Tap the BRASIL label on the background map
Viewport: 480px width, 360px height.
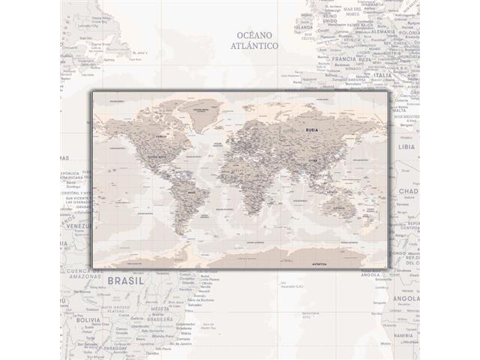click(126, 282)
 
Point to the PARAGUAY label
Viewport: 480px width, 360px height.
click(111, 349)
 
